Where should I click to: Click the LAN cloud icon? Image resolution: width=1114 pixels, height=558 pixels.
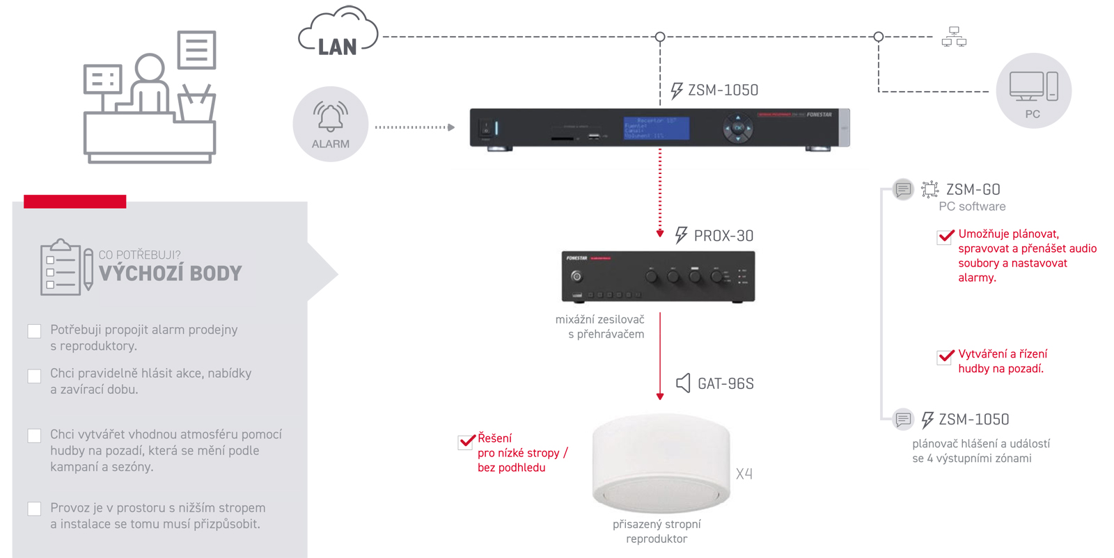(338, 33)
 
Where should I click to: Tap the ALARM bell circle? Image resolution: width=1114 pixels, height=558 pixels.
(330, 125)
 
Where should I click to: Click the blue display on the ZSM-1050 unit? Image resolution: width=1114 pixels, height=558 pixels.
(656, 128)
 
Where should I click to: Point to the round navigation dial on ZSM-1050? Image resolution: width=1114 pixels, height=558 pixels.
(737, 128)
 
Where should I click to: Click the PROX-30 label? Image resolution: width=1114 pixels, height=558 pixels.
(723, 236)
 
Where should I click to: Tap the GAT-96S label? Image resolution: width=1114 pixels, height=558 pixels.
(725, 383)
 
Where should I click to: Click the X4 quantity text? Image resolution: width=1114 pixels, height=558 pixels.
(744, 475)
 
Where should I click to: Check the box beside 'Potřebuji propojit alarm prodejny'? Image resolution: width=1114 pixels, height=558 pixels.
(34, 331)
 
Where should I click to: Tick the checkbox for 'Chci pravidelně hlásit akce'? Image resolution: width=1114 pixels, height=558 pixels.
(34, 376)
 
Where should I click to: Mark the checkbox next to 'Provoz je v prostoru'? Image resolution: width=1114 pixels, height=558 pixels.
(34, 509)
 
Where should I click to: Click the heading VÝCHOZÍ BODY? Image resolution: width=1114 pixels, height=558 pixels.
(170, 273)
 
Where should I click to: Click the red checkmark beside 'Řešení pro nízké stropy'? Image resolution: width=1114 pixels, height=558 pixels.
(466, 441)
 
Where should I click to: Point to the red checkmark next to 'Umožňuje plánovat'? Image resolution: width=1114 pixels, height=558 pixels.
(945, 237)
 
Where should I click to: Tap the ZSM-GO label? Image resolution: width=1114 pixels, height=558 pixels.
(973, 189)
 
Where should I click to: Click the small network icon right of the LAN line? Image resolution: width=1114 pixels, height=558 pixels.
(954, 37)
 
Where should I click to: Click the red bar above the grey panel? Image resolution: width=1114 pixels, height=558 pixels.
(75, 202)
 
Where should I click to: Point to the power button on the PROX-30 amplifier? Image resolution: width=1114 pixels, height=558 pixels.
(576, 276)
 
